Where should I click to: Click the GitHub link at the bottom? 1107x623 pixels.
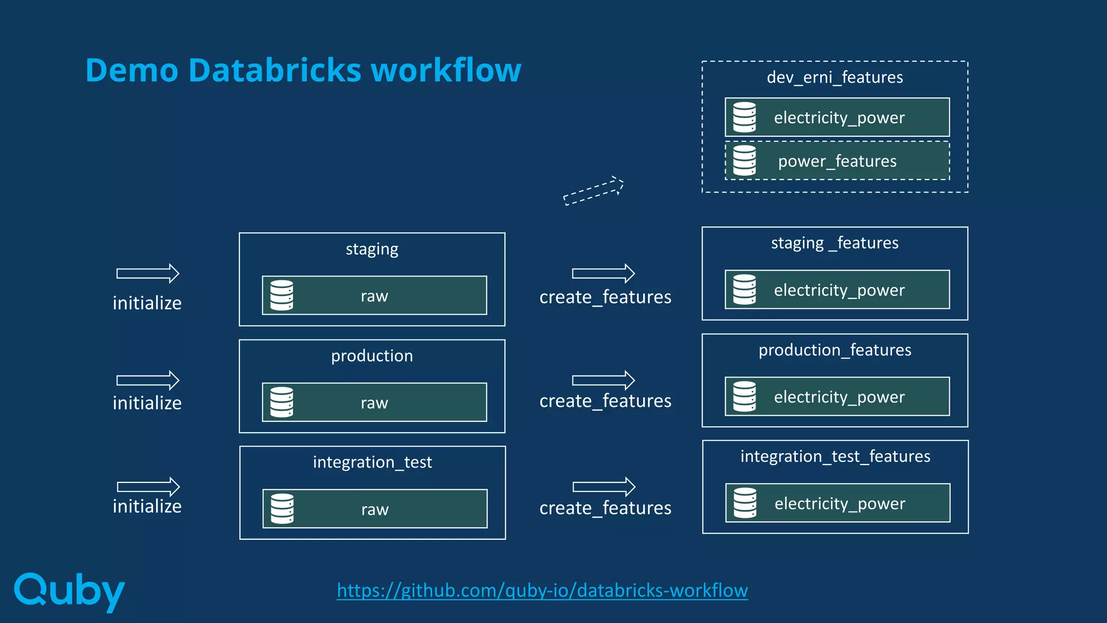(x=542, y=590)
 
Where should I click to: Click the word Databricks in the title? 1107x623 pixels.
(x=275, y=70)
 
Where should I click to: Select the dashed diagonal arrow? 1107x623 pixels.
(x=593, y=191)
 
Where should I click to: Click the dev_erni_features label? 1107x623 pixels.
(x=835, y=77)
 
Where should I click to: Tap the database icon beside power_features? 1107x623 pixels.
(x=744, y=161)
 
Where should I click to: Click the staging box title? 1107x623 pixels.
(x=372, y=249)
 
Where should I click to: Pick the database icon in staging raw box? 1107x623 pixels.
(x=282, y=295)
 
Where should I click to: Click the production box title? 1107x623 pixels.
(x=372, y=356)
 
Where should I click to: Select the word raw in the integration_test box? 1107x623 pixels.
(x=375, y=509)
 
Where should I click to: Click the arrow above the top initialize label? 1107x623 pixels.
(x=148, y=274)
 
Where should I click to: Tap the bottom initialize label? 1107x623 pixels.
(x=147, y=506)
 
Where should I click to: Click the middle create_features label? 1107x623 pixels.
(x=605, y=401)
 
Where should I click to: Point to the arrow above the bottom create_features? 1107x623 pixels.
(x=604, y=487)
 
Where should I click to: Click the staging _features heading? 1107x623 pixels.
(x=835, y=243)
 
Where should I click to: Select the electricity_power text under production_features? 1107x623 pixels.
(x=839, y=397)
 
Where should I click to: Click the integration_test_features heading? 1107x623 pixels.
(x=835, y=456)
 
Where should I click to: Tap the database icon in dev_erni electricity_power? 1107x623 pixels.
(x=744, y=117)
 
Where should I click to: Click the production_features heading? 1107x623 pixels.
(x=835, y=350)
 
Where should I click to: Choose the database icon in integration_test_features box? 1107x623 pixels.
(x=745, y=503)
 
